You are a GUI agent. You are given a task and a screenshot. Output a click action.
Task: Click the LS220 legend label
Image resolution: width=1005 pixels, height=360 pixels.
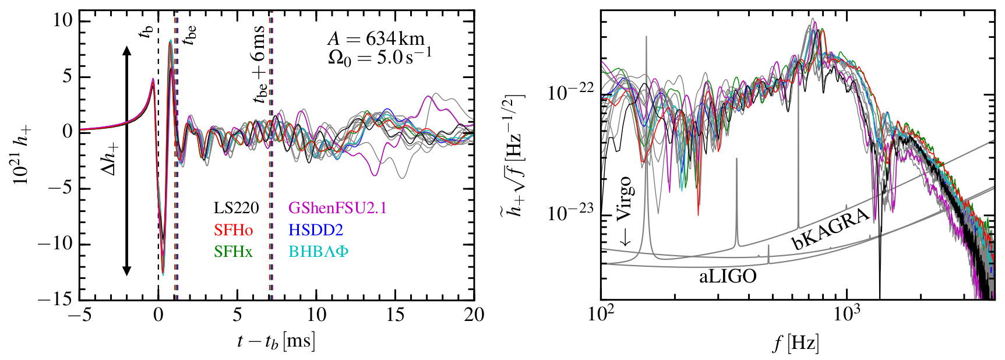[x=236, y=208]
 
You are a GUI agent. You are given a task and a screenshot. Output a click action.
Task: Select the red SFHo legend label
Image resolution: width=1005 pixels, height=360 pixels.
[x=233, y=230]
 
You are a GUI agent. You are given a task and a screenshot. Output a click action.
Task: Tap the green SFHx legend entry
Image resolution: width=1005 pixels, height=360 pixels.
[x=233, y=252]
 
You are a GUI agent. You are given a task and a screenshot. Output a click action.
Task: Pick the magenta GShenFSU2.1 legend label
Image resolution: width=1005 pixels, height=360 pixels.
[x=337, y=208]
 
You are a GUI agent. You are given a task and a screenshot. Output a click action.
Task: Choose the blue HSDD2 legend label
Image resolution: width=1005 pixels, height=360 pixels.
[x=316, y=230]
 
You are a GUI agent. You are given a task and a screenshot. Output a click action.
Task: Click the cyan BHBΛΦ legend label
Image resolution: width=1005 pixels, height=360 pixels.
[x=318, y=252]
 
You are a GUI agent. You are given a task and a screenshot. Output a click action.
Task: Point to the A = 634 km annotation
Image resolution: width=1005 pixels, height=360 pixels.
[x=376, y=40]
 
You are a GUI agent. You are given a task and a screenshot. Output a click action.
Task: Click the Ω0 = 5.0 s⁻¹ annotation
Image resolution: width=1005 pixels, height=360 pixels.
[x=380, y=57]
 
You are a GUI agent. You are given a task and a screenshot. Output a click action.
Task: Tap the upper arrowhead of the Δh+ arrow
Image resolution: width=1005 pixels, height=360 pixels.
[x=126, y=51]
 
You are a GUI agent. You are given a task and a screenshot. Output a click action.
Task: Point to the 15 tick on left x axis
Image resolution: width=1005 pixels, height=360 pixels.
[x=395, y=315]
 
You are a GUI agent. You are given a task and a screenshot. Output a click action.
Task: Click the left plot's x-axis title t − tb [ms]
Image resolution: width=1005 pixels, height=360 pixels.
[x=276, y=341]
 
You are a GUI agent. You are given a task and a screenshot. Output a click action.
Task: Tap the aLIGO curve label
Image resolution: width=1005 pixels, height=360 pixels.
[x=727, y=276]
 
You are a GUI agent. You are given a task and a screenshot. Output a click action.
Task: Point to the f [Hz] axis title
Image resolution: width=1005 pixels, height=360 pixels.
[x=796, y=344]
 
